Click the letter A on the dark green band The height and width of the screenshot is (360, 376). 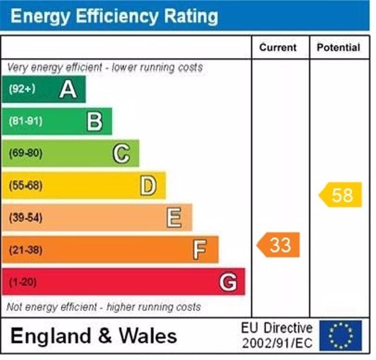pos(68,89)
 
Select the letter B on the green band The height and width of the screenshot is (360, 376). pos(94,121)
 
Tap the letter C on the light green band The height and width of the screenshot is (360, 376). pos(121,153)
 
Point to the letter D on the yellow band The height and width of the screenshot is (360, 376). pos(148,186)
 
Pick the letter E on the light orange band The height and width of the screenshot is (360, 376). pos(174,218)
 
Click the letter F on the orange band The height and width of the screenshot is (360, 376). pos(200,250)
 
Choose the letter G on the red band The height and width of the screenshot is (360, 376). pos(228,282)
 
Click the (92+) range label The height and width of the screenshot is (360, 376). pos(22,89)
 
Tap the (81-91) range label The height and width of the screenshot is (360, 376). pos(25,121)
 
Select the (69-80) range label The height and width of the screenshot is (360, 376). pos(25,153)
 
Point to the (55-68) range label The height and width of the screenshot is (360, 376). pos(25,186)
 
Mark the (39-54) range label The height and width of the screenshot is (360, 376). pos(25,218)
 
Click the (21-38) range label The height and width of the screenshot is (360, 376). pos(25,250)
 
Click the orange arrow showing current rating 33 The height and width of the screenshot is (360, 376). pos(279,245)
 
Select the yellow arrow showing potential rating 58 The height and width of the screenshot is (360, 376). pos(341,195)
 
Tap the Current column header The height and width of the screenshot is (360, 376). pos(278,48)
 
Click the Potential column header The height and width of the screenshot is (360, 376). pos(338,48)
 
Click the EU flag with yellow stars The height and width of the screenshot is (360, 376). pos(340,335)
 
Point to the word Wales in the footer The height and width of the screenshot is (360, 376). pos(148,336)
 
